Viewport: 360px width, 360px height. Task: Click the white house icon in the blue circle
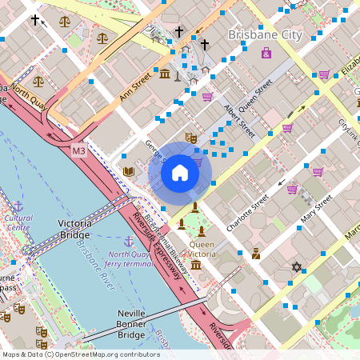180,173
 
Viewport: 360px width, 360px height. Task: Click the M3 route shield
78,150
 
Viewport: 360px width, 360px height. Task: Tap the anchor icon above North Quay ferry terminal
127,241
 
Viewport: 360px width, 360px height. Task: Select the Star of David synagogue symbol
297,266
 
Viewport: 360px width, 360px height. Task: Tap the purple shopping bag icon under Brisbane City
266,54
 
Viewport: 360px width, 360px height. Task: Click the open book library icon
129,171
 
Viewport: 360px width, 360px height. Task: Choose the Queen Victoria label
202,249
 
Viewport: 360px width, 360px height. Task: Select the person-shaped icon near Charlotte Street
255,254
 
